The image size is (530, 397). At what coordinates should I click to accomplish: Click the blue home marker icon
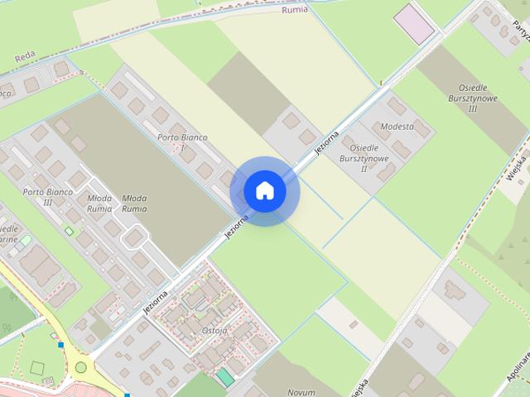(x=264, y=191)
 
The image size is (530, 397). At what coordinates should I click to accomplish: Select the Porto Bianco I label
(x=181, y=141)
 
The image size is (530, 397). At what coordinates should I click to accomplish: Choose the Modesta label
(x=397, y=127)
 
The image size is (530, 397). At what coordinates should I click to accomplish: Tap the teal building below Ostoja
(x=224, y=377)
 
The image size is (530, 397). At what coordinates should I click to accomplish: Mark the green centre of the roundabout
(x=81, y=366)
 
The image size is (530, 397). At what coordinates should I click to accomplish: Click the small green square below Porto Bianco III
(x=69, y=232)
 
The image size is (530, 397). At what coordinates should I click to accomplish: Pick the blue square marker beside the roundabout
(x=60, y=344)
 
